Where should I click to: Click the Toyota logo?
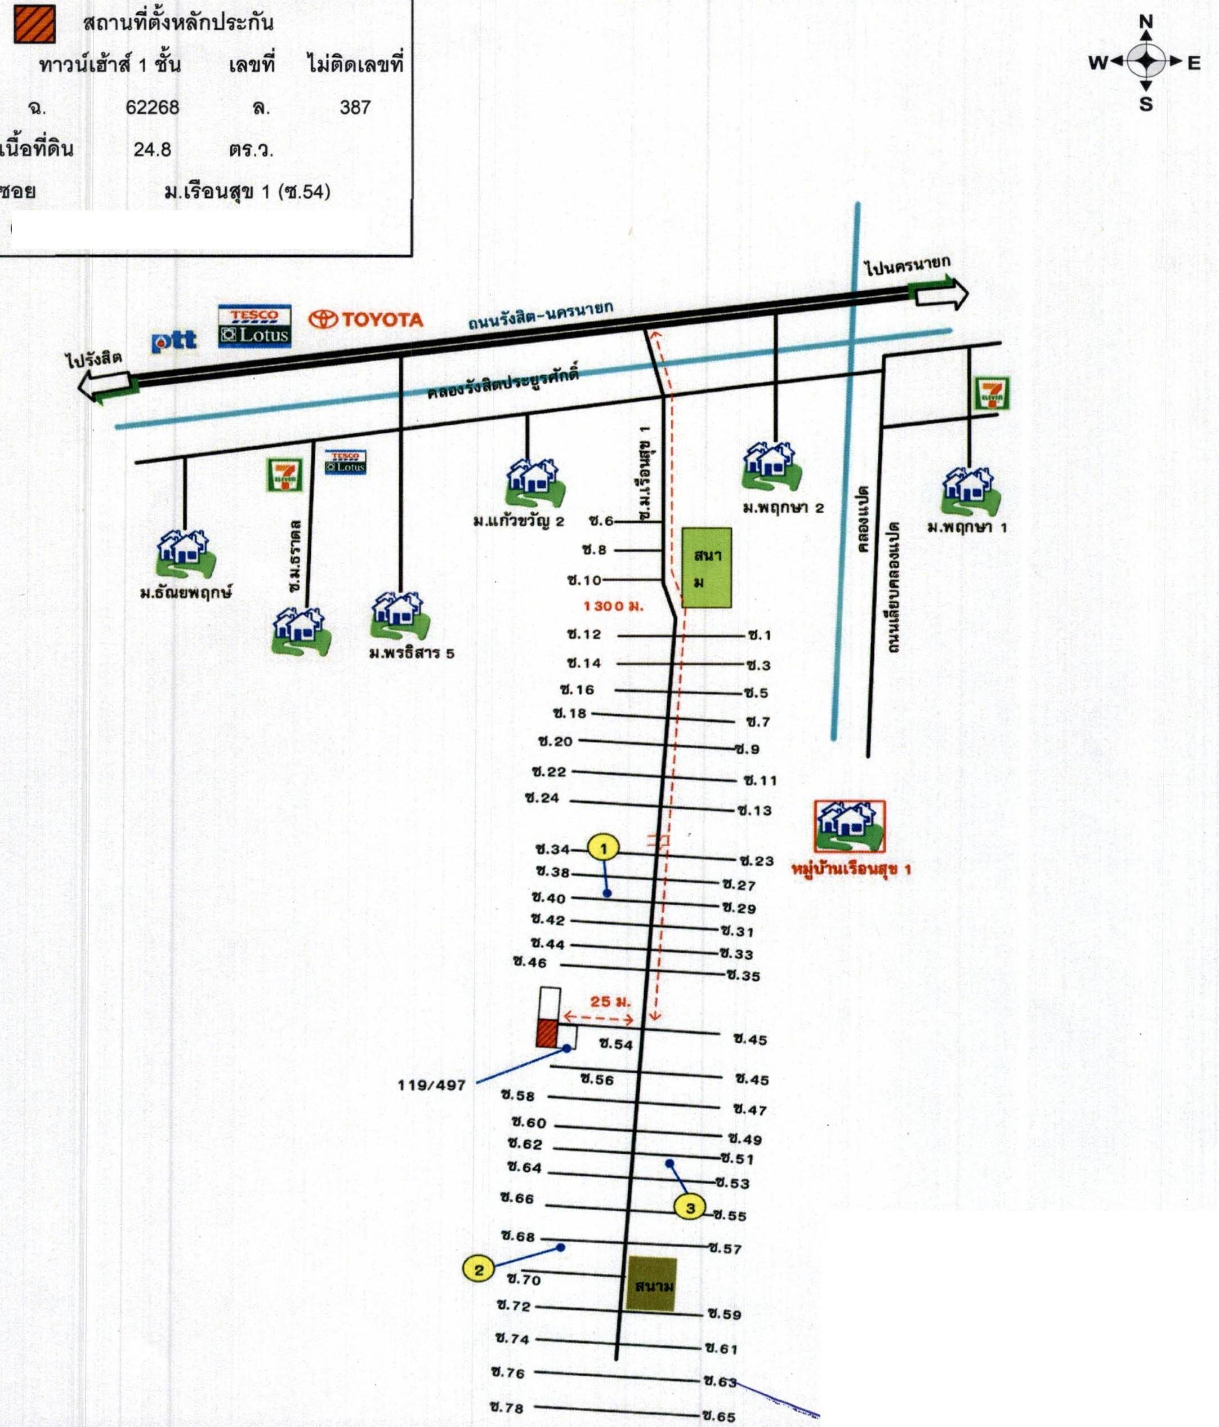click(365, 319)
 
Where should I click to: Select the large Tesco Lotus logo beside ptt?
click(254, 326)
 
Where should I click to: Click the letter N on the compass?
click(1146, 22)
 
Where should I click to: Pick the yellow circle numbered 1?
click(604, 848)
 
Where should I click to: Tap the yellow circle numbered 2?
click(479, 1270)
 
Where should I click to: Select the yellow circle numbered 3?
click(690, 1207)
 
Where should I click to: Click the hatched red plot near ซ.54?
click(547, 1033)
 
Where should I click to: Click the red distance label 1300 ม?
click(613, 606)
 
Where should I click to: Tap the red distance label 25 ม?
click(610, 1002)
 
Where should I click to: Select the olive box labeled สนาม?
click(651, 1284)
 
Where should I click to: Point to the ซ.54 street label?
click(615, 1044)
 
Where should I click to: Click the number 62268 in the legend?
click(152, 108)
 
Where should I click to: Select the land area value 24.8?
click(152, 149)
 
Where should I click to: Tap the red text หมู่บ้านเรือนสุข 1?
click(851, 869)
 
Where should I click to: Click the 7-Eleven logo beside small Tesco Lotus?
click(284, 475)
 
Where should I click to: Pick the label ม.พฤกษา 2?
click(783, 508)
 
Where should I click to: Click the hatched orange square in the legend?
click(34, 24)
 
